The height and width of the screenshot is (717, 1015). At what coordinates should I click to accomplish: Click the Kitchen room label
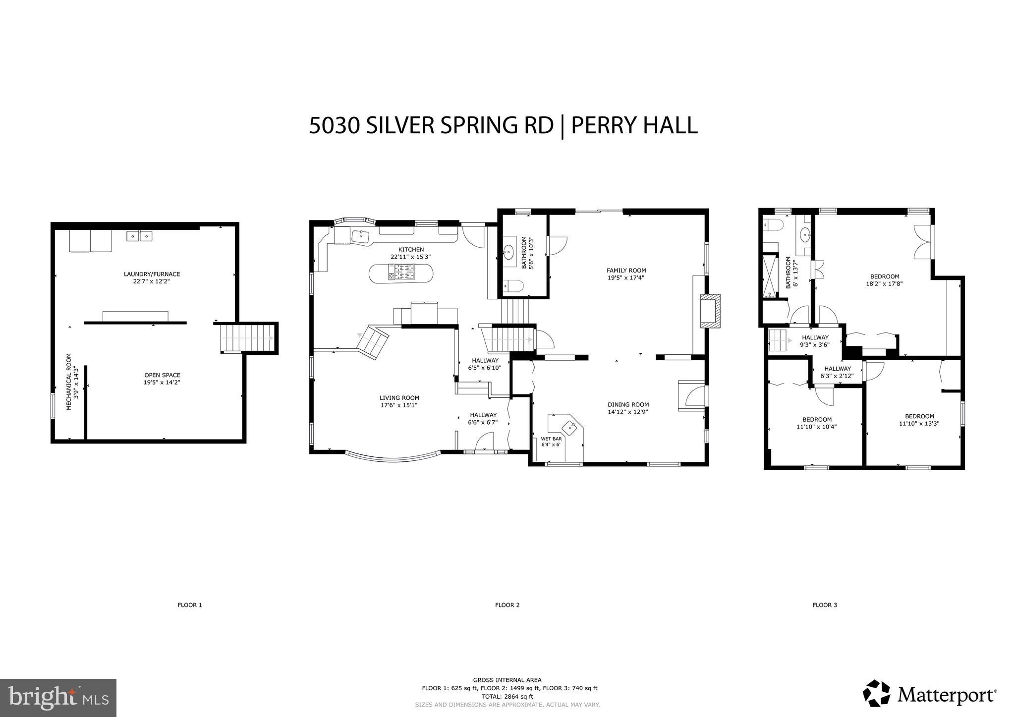(x=411, y=250)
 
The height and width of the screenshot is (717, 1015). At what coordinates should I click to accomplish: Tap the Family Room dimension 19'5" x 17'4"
(x=626, y=278)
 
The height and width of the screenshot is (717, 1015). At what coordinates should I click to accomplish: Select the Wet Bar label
(x=551, y=439)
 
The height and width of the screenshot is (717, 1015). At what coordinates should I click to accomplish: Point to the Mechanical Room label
(x=69, y=381)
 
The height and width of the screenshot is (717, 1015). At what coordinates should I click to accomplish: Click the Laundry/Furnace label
(x=152, y=274)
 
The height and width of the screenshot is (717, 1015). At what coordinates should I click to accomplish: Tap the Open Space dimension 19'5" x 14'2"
(x=162, y=382)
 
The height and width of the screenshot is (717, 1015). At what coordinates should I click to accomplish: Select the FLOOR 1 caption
(x=190, y=605)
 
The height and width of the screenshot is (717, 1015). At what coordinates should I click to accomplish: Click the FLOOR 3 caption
(x=825, y=605)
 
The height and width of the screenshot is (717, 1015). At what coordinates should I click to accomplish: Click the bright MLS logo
(x=58, y=698)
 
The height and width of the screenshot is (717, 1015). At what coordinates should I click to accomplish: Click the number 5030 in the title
(x=335, y=125)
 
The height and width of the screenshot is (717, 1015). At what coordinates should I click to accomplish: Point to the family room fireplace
(x=711, y=311)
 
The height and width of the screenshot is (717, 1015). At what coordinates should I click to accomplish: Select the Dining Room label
(x=628, y=404)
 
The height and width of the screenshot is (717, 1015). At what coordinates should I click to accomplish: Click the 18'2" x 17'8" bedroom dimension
(x=884, y=284)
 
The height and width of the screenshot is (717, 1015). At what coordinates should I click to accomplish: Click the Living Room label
(x=399, y=397)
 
